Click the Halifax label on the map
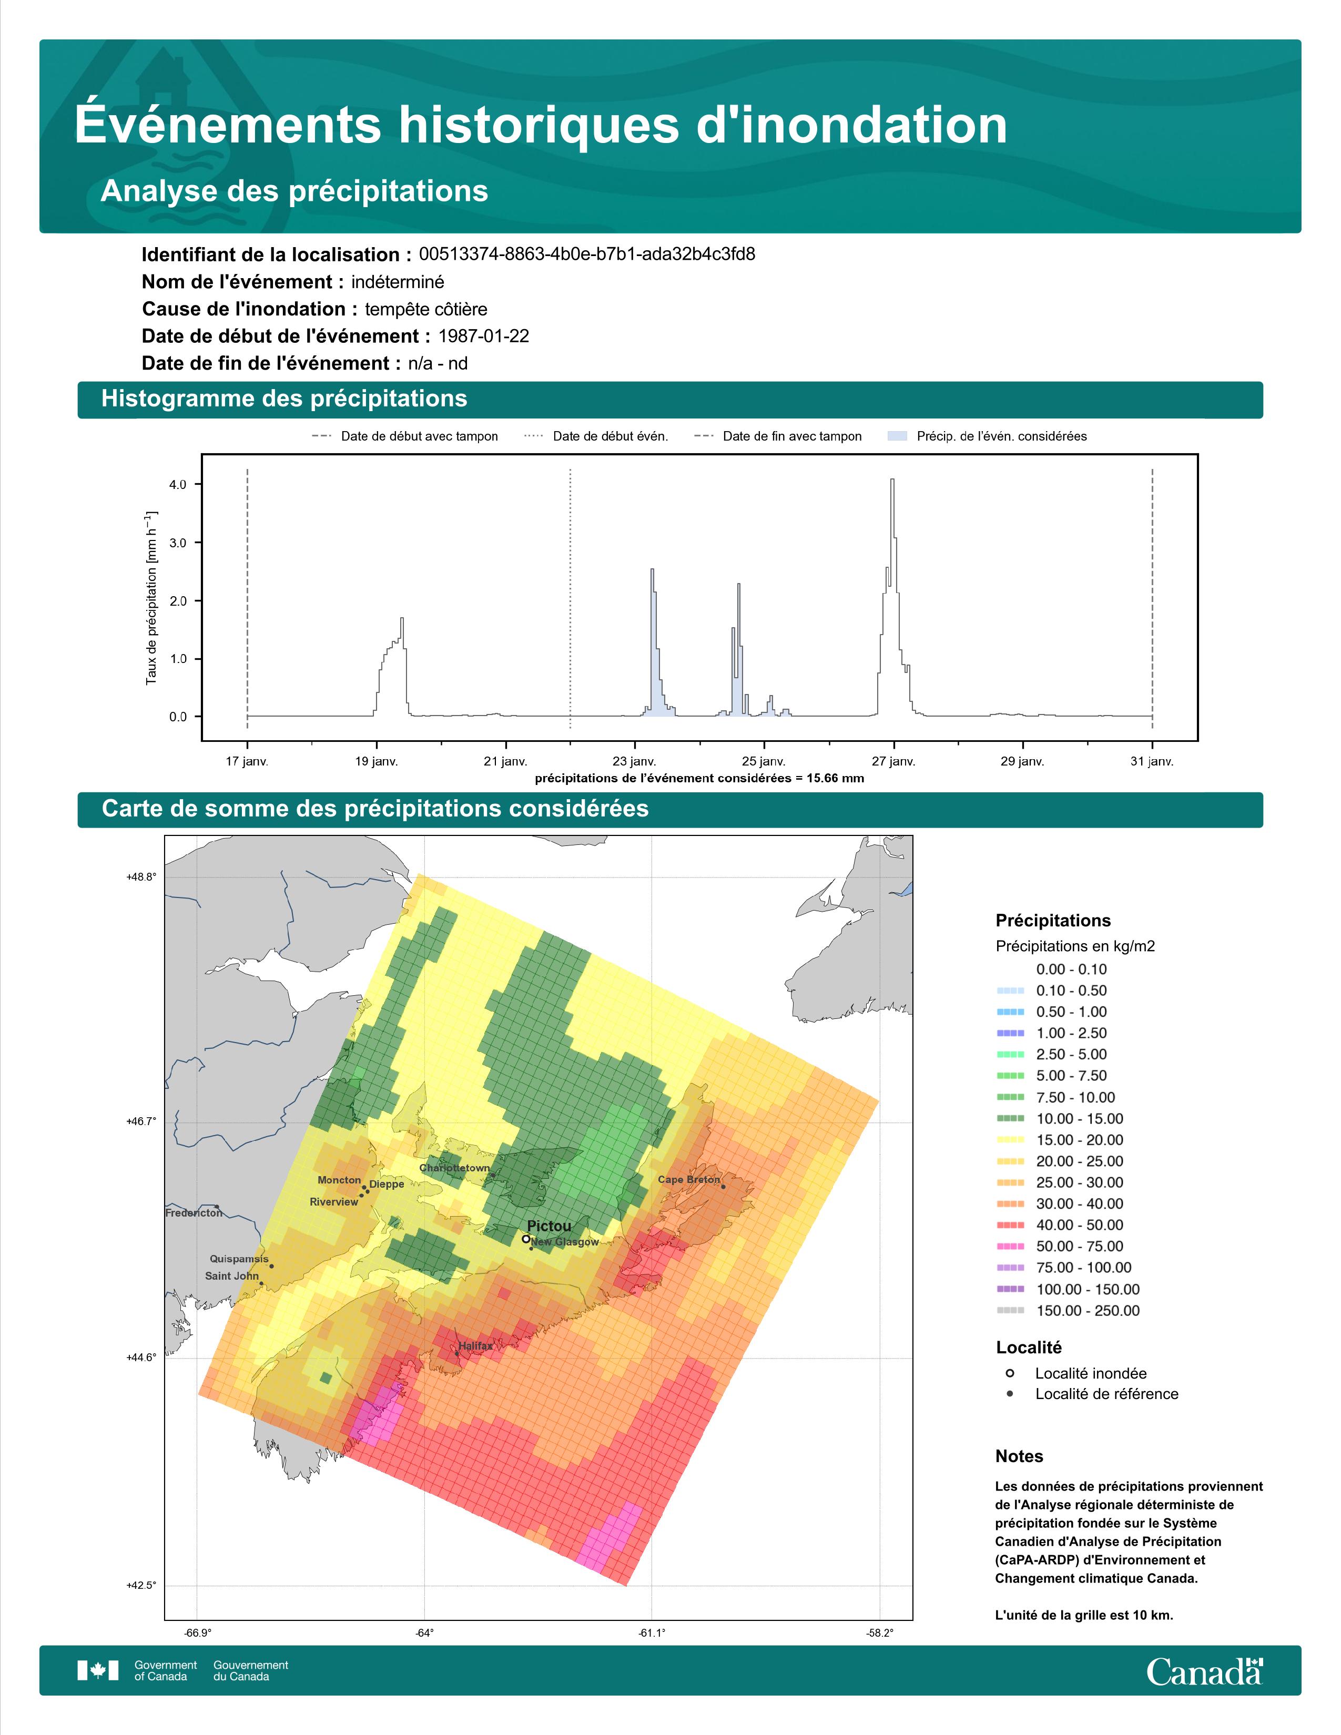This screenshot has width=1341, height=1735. tap(475, 1346)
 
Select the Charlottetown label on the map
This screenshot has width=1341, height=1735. tap(454, 1168)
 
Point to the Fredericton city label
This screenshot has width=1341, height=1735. tap(194, 1213)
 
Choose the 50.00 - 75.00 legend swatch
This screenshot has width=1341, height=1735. tap(1010, 1247)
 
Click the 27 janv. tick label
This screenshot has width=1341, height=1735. tap(893, 761)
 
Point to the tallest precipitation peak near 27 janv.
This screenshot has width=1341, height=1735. tap(892, 480)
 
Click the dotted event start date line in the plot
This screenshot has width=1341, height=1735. tap(571, 598)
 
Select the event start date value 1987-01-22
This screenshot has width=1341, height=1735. tap(484, 336)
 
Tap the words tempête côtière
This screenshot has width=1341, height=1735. tap(426, 309)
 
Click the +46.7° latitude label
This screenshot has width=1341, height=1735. tap(141, 1122)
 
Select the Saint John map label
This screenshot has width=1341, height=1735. tap(232, 1276)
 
